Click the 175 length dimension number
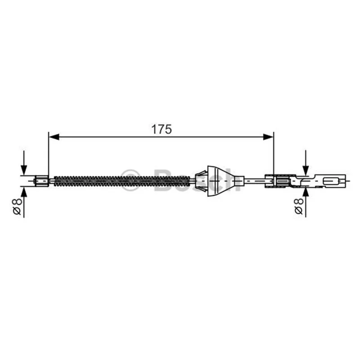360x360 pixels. tap(162, 129)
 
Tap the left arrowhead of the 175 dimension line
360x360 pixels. tap(54, 137)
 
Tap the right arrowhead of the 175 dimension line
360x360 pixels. tap(268, 137)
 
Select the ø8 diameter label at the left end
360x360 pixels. tap(18, 207)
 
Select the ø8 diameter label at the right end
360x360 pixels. tap(299, 207)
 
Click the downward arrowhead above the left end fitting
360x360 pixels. tap(24, 170)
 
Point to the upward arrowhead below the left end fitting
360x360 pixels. tap(24, 192)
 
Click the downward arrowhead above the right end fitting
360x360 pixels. tap(306, 170)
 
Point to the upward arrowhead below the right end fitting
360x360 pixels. tap(306, 192)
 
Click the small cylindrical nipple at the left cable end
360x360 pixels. tap(41, 181)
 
